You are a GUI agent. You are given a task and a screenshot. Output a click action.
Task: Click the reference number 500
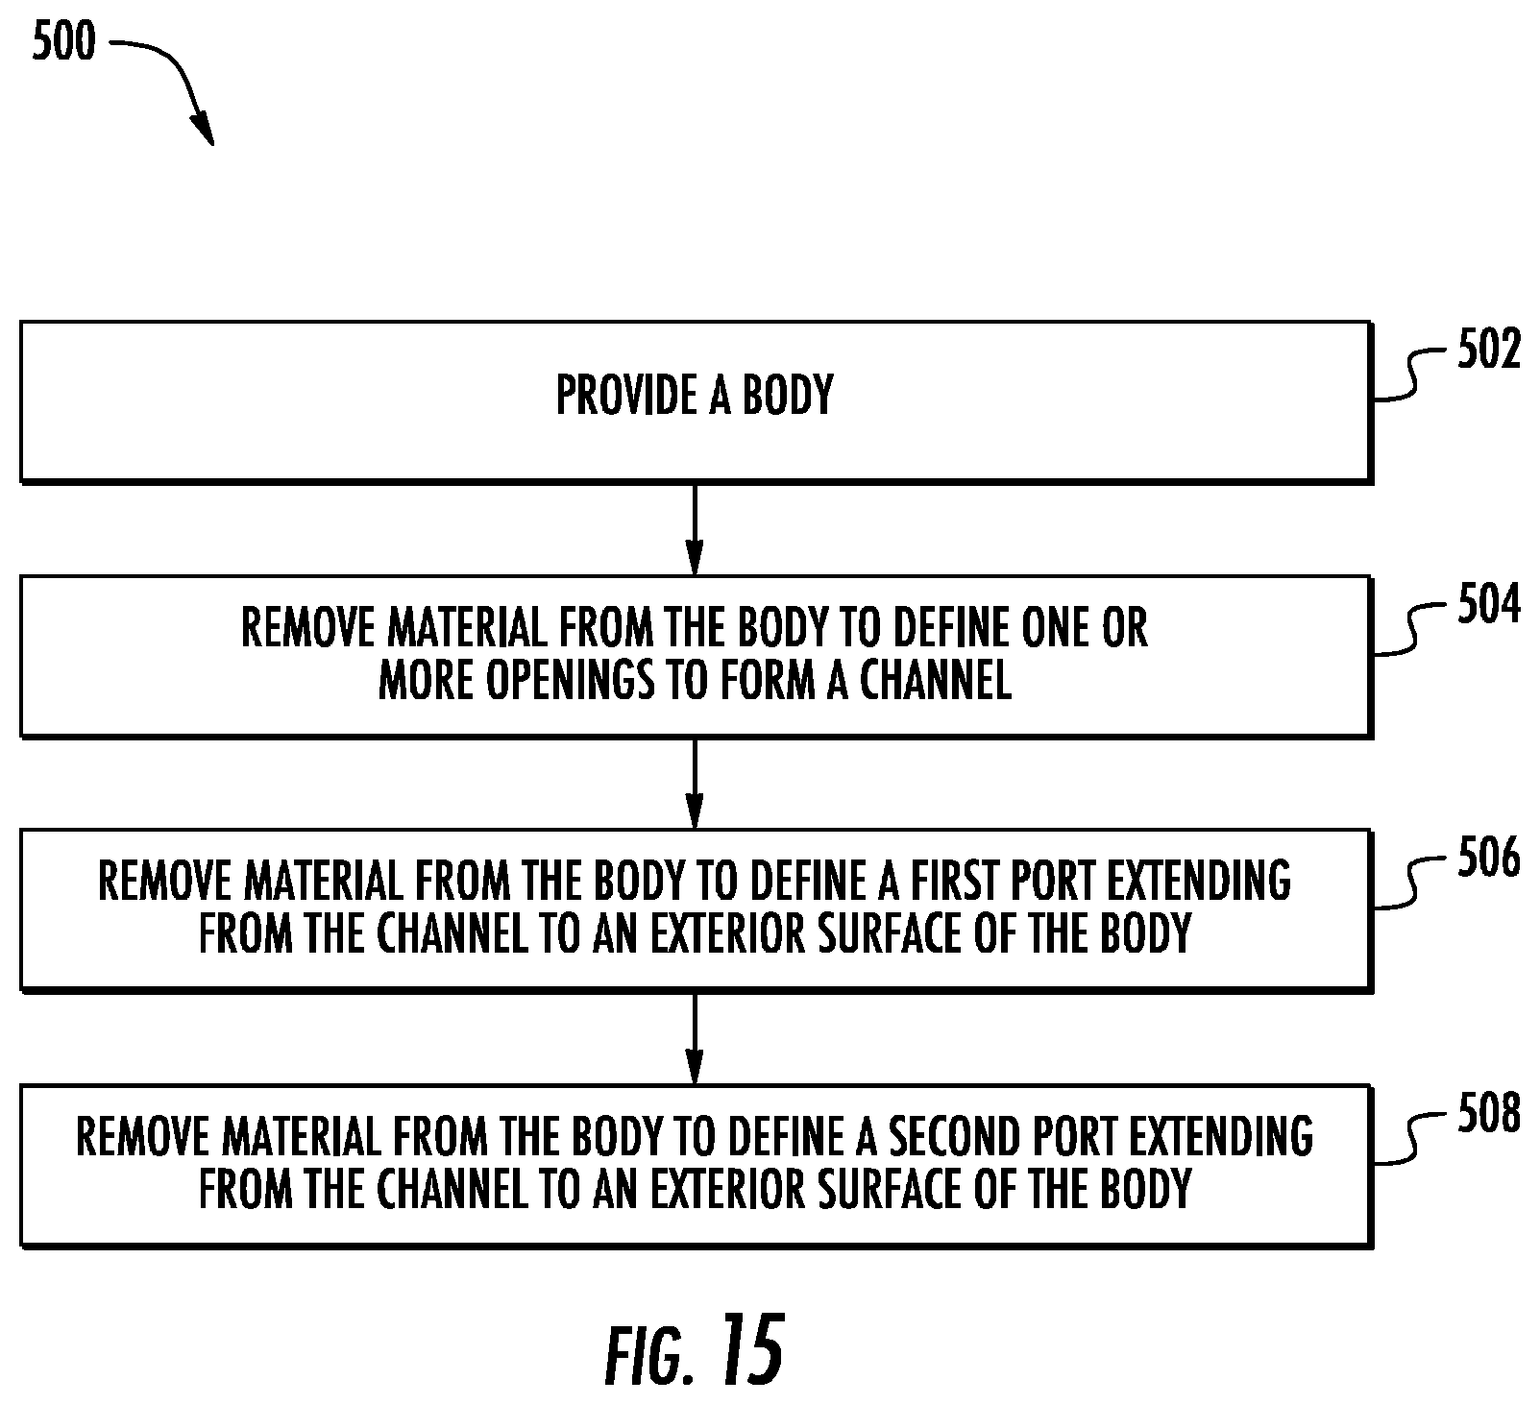coord(65,43)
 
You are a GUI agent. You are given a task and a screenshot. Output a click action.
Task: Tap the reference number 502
coord(1489,351)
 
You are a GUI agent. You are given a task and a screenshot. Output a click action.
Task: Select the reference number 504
coord(1489,606)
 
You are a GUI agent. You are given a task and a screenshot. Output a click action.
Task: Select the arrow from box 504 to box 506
coord(695,783)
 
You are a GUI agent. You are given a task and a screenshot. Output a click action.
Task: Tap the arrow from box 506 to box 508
coord(695,1038)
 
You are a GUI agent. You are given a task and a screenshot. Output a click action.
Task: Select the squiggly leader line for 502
coord(1413,375)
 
